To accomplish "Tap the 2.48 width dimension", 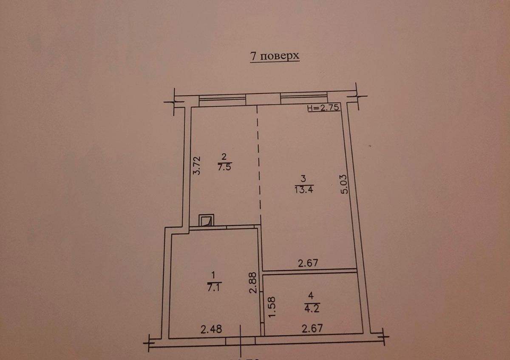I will click(x=212, y=329).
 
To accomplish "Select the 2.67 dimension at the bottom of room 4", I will click(x=312, y=328).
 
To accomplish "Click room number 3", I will click(x=303, y=179).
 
